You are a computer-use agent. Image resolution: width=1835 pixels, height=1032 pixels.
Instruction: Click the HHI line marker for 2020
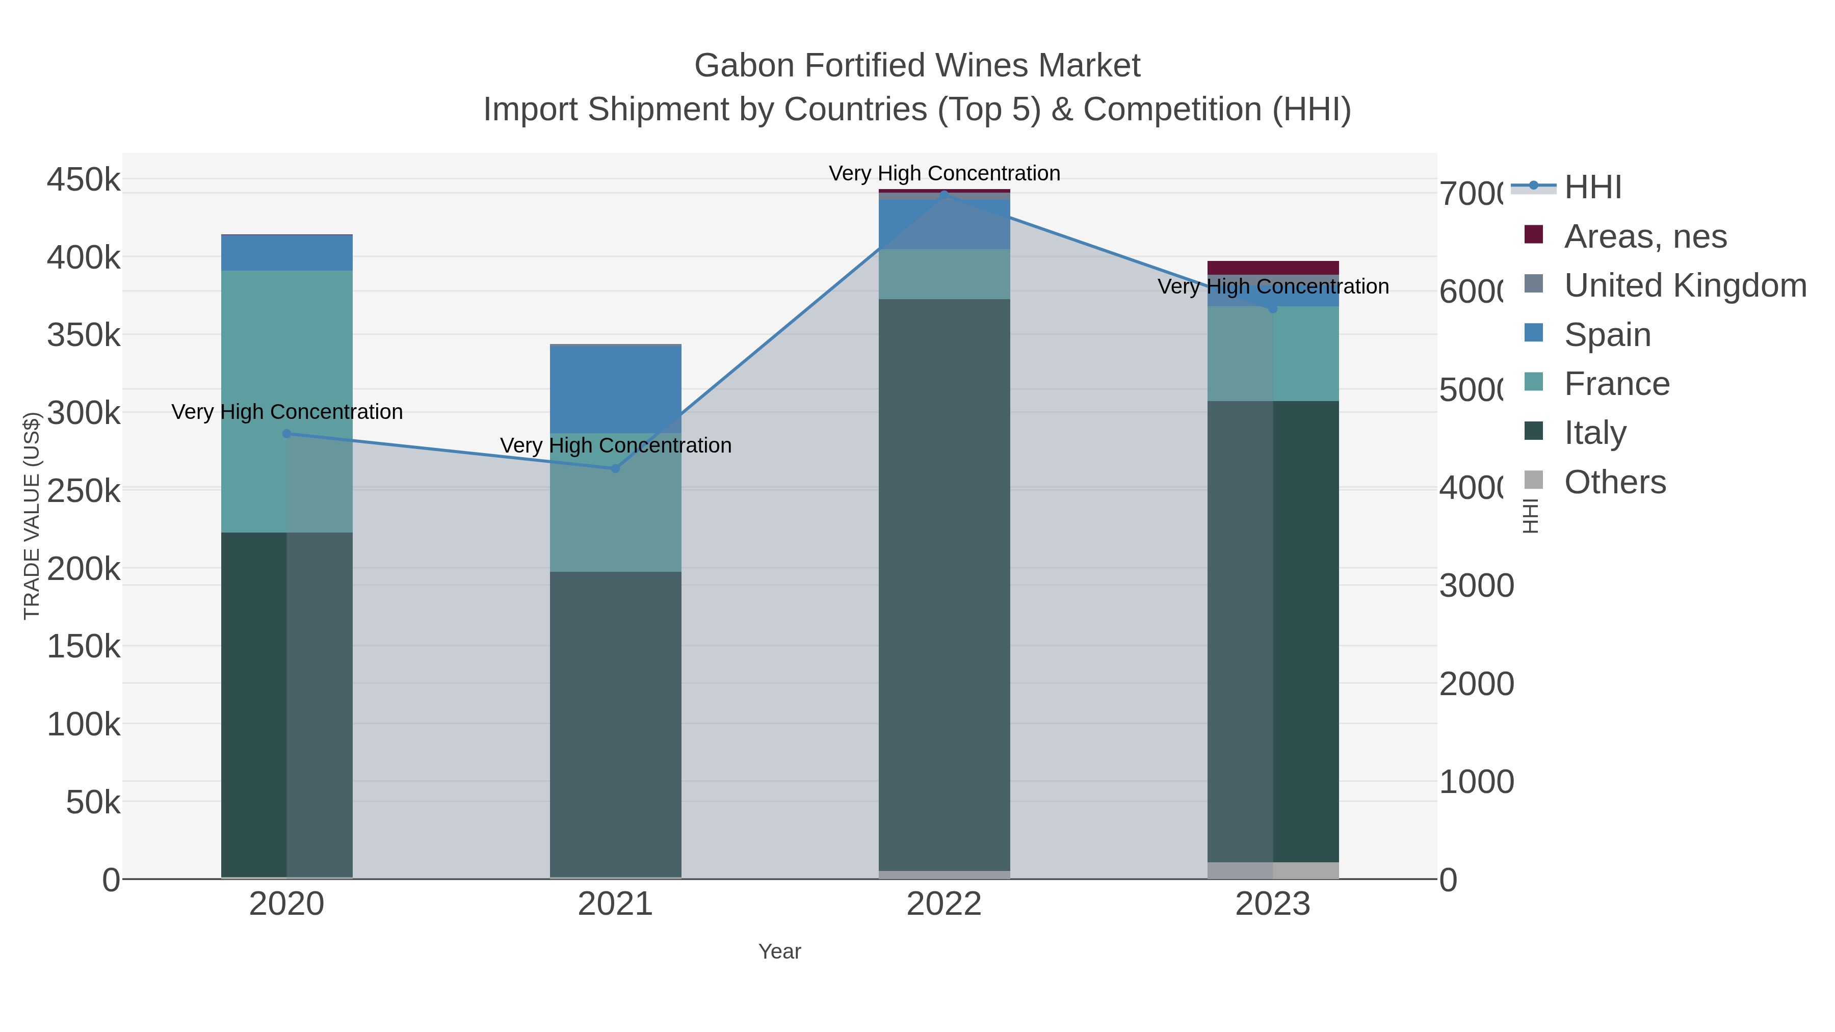(286, 433)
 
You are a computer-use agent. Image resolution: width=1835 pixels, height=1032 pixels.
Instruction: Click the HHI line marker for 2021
(615, 468)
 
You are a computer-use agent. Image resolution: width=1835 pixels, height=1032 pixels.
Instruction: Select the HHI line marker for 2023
(1273, 308)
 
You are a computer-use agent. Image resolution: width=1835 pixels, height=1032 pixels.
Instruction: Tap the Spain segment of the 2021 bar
(615, 389)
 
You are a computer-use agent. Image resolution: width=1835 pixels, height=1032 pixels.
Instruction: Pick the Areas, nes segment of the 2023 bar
(1273, 268)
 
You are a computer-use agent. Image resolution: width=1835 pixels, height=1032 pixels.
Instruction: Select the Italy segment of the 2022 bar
(944, 584)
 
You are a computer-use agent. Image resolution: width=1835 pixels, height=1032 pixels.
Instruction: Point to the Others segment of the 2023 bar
(1273, 870)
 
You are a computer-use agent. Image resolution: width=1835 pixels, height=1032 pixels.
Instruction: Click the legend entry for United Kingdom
(1685, 285)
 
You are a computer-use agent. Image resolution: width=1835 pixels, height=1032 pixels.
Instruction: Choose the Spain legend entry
(1607, 335)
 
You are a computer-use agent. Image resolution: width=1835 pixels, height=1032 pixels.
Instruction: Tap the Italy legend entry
(1595, 432)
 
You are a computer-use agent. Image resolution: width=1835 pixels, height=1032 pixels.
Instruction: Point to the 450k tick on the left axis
(84, 179)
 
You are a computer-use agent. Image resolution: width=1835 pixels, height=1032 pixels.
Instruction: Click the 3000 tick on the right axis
(1476, 586)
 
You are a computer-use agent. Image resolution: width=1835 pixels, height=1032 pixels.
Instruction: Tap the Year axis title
(779, 951)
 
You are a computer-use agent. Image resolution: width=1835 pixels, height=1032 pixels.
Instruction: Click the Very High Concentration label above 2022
(944, 173)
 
